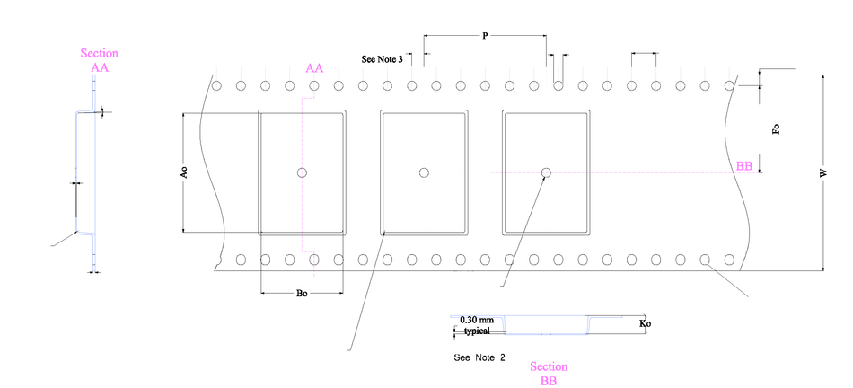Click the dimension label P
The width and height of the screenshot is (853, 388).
click(485, 36)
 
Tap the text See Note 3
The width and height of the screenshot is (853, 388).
click(382, 58)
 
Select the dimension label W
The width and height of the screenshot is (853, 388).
click(822, 173)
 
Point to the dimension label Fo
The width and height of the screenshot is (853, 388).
click(777, 129)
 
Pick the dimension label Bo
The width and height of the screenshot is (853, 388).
click(302, 293)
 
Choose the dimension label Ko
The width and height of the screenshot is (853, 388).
click(644, 322)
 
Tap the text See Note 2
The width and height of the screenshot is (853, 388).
click(479, 357)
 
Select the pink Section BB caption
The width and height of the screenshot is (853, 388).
click(549, 374)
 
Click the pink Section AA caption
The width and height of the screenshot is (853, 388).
click(99, 60)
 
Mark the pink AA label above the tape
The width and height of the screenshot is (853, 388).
click(314, 68)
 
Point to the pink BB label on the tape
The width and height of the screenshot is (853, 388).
click(744, 166)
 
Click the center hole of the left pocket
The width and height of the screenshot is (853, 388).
click(303, 172)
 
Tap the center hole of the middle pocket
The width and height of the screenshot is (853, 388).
click(424, 172)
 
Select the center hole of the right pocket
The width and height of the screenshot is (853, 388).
click(545, 172)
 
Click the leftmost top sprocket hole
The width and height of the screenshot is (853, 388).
click(217, 86)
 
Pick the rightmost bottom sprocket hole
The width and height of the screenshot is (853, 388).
click(729, 260)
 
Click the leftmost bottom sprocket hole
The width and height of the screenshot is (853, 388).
click(242, 260)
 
